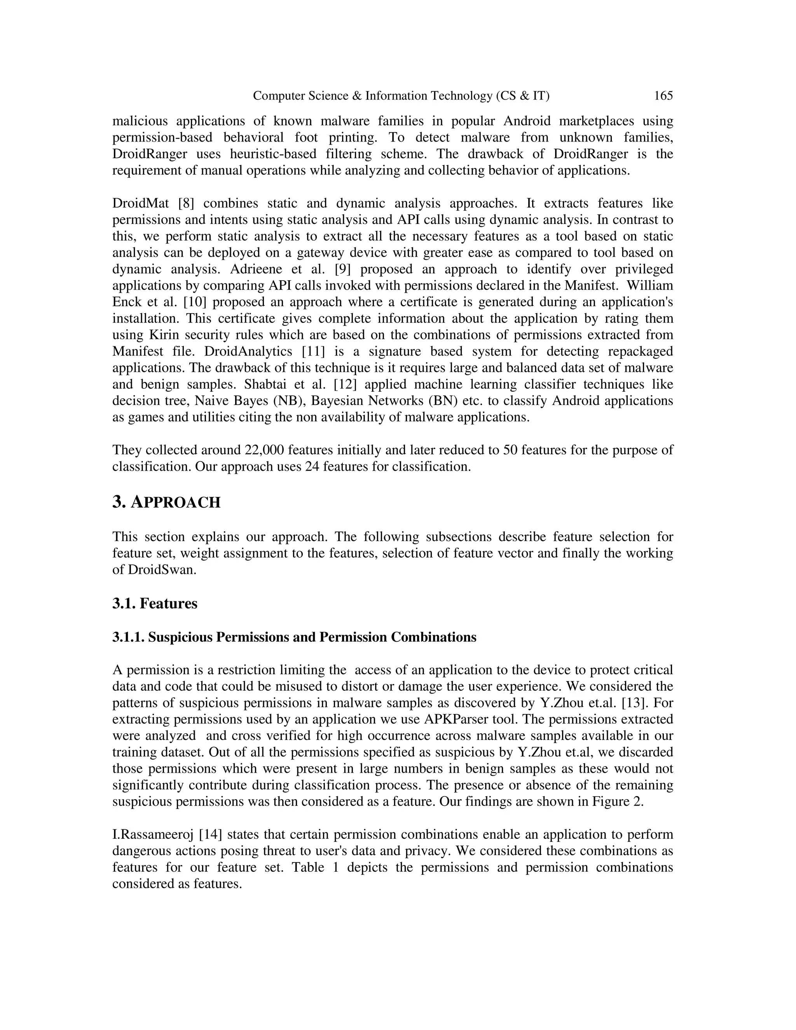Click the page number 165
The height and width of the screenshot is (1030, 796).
pyautogui.click(x=663, y=96)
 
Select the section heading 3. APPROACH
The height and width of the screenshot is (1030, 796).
pyautogui.click(x=166, y=503)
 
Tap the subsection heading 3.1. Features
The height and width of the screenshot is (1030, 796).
pyautogui.click(x=155, y=604)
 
